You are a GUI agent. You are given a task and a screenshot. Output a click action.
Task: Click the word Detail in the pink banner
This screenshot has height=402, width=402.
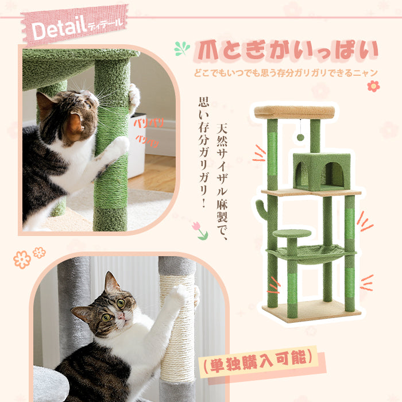pos(59,28)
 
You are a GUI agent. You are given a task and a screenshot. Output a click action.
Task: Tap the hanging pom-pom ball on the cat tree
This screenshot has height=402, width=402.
pos(300,137)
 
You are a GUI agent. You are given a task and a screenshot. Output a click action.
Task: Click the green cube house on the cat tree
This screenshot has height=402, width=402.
pos(322,171)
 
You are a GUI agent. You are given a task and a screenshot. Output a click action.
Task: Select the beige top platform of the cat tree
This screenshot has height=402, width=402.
pos(294,112)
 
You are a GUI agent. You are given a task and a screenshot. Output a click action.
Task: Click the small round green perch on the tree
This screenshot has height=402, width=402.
pos(292,233)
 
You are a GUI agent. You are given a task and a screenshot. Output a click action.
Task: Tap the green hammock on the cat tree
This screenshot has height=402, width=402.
pos(311,253)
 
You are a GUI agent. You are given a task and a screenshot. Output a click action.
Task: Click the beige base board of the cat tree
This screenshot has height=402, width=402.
pos(311,311)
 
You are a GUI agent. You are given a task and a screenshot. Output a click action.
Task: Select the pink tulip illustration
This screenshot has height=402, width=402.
pos(200,231)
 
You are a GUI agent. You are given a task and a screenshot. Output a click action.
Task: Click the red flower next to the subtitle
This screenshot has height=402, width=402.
pos(373,86)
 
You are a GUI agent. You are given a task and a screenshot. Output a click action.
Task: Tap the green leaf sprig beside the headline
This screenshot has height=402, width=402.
pos(182,48)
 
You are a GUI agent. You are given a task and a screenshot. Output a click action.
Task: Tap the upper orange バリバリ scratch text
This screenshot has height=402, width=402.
pos(149,123)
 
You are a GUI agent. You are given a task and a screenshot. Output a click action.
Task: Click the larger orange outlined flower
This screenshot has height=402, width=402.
pos(22,260)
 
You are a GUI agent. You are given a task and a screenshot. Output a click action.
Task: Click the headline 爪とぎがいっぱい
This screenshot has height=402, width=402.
pos(286,51)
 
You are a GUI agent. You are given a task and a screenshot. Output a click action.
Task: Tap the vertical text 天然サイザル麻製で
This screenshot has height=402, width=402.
pos(222,182)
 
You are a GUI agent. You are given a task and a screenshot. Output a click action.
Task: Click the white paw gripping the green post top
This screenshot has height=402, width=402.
pos(134,98)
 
